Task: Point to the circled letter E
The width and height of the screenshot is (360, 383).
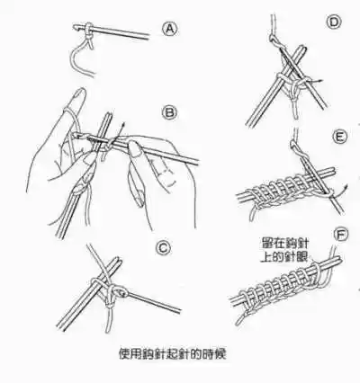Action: click(x=338, y=138)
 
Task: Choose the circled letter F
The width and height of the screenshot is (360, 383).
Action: click(x=338, y=236)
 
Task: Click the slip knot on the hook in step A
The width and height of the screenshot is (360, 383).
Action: click(x=90, y=33)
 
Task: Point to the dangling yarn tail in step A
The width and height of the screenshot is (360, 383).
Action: click(x=76, y=58)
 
